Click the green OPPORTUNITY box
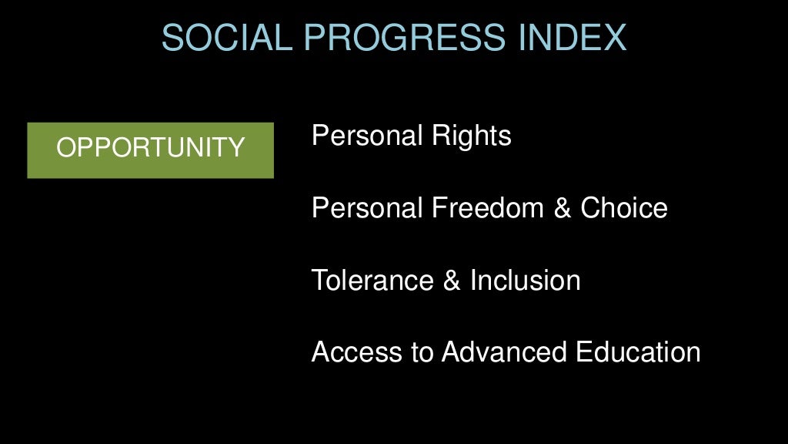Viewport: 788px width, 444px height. click(x=150, y=150)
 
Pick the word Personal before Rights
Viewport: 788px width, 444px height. click(x=367, y=136)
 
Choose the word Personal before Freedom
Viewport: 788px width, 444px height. click(x=367, y=208)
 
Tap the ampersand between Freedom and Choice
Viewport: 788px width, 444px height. click(x=564, y=208)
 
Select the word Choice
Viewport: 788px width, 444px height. click(x=624, y=208)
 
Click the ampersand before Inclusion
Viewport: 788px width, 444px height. click(x=452, y=281)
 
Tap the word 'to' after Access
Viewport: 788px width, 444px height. click(x=423, y=352)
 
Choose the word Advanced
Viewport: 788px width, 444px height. click(x=505, y=352)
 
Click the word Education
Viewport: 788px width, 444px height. click(x=638, y=352)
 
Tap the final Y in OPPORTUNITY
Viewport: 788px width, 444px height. click(x=236, y=147)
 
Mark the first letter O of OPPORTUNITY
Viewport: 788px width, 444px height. click(x=65, y=147)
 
